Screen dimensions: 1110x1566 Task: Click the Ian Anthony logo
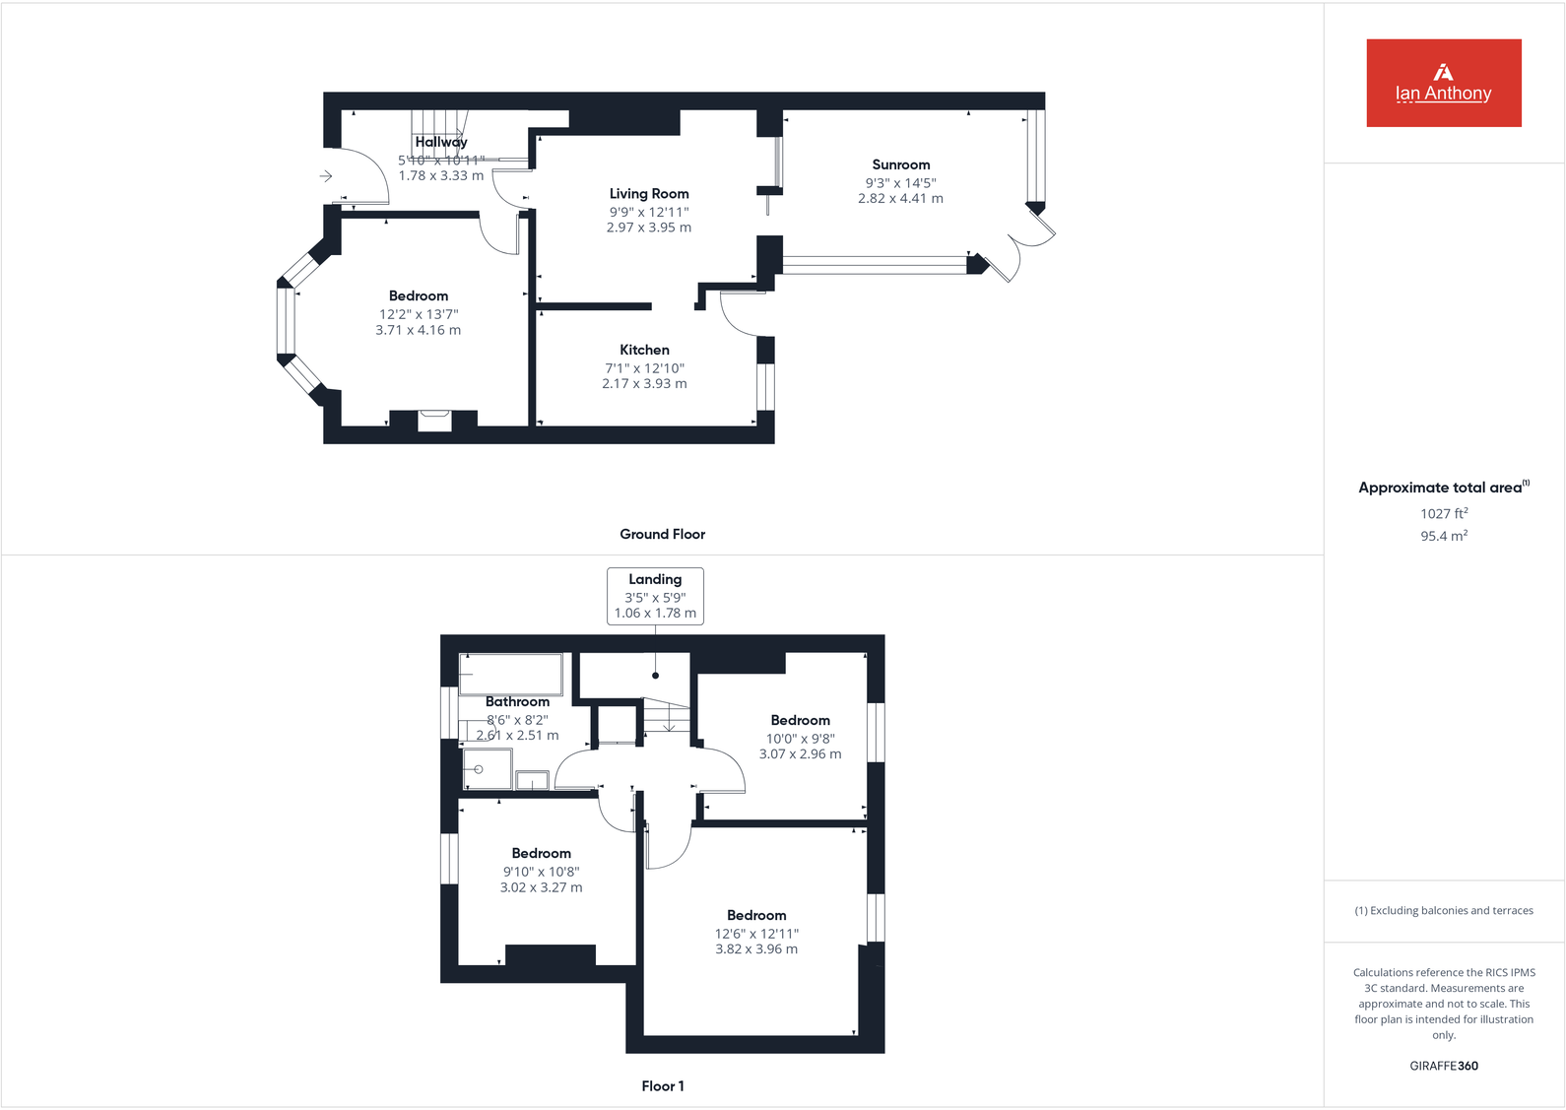coord(1443,83)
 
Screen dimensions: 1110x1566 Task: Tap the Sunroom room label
coord(900,164)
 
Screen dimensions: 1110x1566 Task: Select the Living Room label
coord(648,194)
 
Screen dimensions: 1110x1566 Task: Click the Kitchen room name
coord(644,350)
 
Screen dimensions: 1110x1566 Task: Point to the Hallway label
coord(440,142)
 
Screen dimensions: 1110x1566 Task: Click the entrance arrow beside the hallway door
coord(326,176)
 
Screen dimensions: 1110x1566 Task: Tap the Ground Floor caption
coord(662,534)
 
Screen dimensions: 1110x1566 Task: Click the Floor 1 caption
coord(662,1085)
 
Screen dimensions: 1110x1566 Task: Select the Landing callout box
coord(655,596)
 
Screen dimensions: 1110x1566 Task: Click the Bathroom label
coord(517,701)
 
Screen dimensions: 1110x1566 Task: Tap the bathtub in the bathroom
coord(511,675)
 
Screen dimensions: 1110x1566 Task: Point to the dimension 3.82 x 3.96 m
coord(756,949)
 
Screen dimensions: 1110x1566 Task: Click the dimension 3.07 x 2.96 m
coord(800,754)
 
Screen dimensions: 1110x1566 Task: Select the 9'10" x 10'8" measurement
coord(541,872)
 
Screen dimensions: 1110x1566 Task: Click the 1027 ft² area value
coord(1443,513)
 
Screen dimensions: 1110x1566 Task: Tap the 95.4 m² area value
coord(1443,536)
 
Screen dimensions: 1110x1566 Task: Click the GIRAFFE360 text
coord(1443,1066)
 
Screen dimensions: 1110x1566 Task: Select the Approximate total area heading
coord(1443,488)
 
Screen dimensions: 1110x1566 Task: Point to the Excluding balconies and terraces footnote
coord(1443,911)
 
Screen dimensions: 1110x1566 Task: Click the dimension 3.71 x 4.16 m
coord(418,331)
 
